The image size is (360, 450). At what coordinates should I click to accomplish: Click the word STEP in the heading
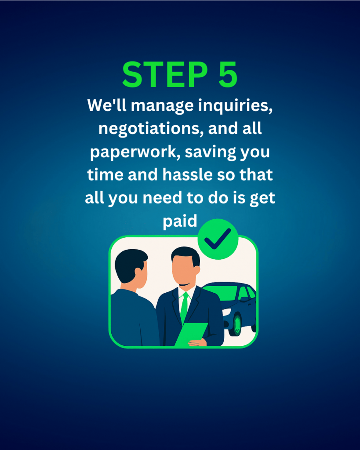(x=165, y=75)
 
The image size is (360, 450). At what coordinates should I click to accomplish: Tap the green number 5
(x=228, y=75)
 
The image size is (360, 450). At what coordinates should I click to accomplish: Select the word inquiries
(x=236, y=105)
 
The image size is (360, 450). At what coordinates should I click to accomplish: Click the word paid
(x=180, y=221)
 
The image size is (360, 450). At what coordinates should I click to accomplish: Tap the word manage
(x=163, y=105)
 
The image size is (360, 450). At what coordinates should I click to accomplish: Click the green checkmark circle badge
(x=218, y=239)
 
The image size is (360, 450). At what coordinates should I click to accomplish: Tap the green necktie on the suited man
(x=184, y=307)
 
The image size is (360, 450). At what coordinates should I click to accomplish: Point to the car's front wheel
(x=236, y=324)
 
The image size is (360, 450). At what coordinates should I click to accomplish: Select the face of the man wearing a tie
(x=184, y=269)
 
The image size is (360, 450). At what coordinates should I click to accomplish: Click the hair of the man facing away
(x=130, y=265)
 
